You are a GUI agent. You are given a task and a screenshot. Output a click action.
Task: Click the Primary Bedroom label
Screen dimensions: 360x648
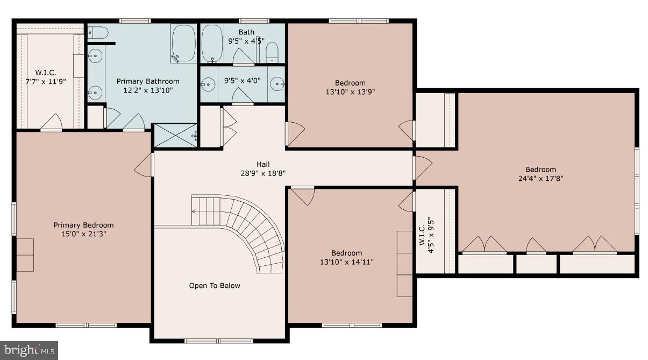(x=83, y=225)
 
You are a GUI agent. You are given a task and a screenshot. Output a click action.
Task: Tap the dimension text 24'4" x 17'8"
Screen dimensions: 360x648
(x=540, y=178)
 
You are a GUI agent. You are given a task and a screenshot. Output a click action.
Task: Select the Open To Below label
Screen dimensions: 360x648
(x=215, y=286)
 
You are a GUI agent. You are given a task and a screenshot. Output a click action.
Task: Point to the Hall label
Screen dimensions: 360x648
(x=263, y=164)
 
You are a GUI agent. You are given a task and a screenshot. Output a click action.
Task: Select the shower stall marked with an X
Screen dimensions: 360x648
(x=175, y=136)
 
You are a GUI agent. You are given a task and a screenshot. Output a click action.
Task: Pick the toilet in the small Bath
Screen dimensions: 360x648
(x=272, y=52)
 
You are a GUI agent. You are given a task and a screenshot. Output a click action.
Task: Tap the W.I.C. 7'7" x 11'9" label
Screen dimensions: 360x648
(x=46, y=77)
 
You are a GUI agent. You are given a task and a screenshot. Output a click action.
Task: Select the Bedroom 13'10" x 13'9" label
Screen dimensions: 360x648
(x=350, y=87)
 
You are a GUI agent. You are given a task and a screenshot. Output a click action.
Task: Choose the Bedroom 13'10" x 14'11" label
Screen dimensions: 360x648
(x=346, y=257)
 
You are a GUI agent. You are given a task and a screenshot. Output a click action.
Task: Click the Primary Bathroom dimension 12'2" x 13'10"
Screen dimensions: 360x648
(x=148, y=90)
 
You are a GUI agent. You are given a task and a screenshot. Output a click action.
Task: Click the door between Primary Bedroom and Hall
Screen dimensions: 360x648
(x=144, y=165)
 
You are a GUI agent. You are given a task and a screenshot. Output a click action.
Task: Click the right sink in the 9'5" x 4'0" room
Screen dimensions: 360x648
(x=277, y=83)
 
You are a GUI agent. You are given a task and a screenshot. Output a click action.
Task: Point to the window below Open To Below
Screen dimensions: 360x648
(x=218, y=341)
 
